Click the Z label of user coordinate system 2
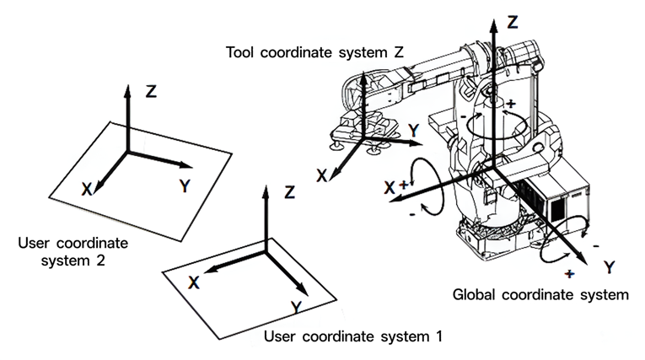152,91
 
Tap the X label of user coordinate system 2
86,189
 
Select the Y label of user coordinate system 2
185,186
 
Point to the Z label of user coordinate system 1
289,192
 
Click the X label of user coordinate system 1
194,282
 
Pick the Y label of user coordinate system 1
296,308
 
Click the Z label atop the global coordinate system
512,22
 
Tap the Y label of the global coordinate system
610,267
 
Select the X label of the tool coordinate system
322,175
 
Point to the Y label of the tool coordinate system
414,131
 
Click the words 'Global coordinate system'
540,294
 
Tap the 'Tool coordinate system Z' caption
314,52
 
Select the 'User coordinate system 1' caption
353,336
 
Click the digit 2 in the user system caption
100,261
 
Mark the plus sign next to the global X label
404,185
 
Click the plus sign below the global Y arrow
569,273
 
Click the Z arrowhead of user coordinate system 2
127,91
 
